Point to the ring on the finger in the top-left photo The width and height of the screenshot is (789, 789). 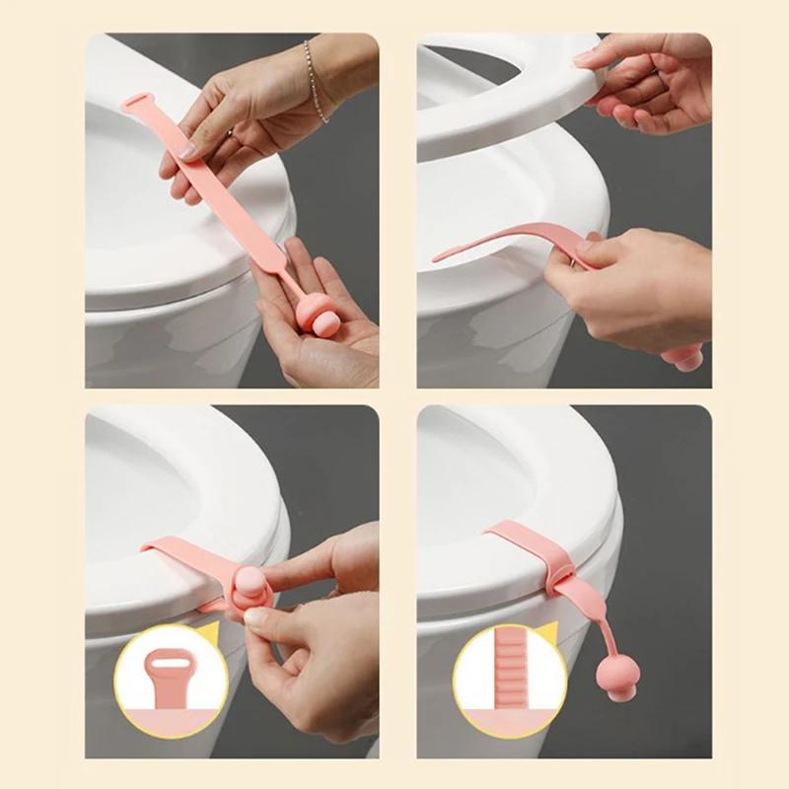coord(229,131)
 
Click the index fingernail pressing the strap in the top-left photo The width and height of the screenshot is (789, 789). coord(188,151)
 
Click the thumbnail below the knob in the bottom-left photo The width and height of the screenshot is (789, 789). coord(258,620)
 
